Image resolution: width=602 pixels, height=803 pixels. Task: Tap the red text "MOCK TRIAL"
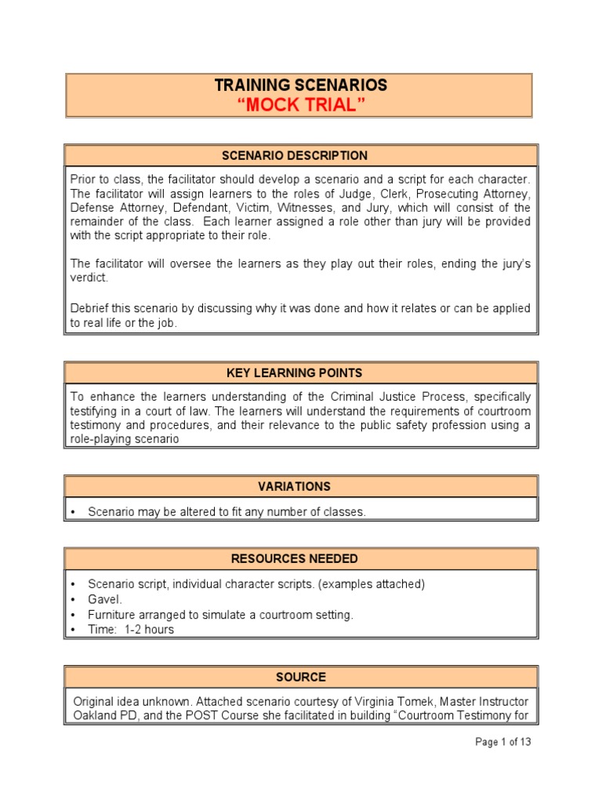301,106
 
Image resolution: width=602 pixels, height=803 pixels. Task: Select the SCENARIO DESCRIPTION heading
301,155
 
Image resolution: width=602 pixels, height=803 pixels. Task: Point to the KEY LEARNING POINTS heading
301,372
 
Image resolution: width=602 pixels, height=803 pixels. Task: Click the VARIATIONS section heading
301,486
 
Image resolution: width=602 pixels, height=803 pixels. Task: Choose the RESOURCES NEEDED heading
301,559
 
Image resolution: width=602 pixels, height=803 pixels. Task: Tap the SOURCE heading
301,677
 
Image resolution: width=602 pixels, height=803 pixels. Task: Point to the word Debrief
89,309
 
